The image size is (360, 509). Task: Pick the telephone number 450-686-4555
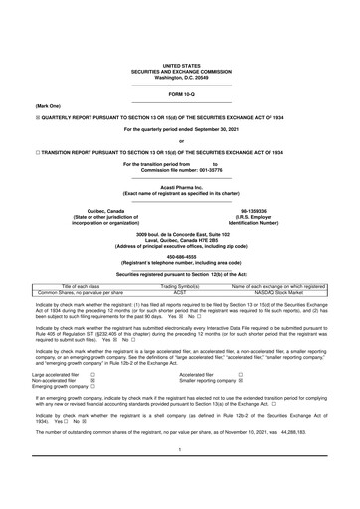click(x=180, y=253)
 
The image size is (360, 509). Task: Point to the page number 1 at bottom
click(x=180, y=478)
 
